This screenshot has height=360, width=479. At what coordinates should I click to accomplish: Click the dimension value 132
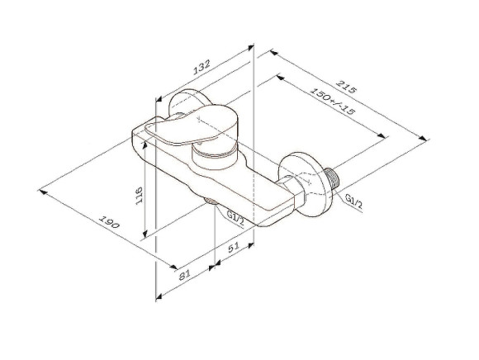tap(202, 69)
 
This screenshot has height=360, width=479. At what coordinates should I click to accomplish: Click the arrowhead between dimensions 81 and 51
tap(216, 265)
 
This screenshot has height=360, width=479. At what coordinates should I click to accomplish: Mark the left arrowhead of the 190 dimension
tap(43, 191)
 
